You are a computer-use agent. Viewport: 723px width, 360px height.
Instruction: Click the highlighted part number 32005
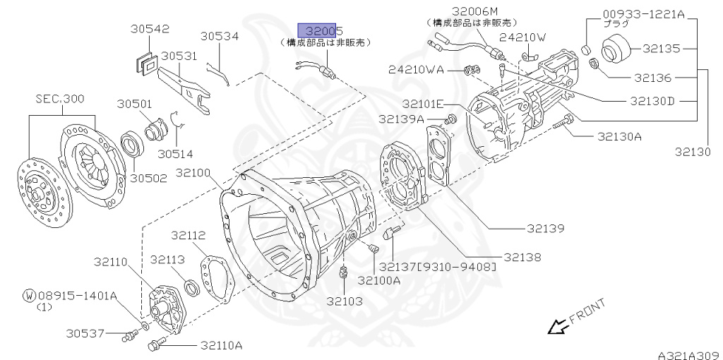[x=320, y=30]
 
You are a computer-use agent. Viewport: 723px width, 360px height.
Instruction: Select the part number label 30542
[x=150, y=29]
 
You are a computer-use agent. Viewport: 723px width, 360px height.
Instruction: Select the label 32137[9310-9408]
[x=438, y=267]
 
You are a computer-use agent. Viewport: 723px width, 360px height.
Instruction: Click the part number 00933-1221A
[x=644, y=13]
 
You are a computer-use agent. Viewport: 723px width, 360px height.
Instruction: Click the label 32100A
[x=378, y=280]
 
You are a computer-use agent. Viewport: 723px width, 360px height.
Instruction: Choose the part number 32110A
[x=221, y=345]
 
